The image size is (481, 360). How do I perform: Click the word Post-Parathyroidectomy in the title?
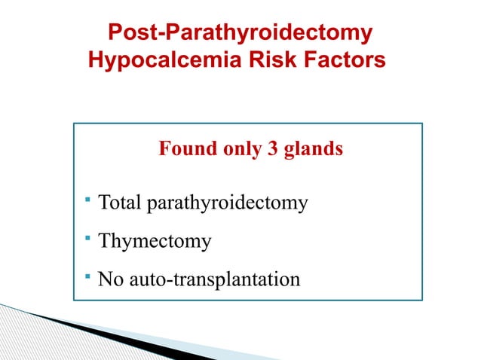click(x=240, y=34)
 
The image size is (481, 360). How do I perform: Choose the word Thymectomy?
click(x=155, y=243)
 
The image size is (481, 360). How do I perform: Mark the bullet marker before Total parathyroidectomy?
click(x=88, y=200)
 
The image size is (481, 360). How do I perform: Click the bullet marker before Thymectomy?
click(x=88, y=239)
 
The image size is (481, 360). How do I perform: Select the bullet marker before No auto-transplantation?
click(x=88, y=277)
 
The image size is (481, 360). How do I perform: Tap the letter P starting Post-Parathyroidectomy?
click(x=116, y=34)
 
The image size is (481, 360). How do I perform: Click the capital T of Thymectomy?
click(x=105, y=242)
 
